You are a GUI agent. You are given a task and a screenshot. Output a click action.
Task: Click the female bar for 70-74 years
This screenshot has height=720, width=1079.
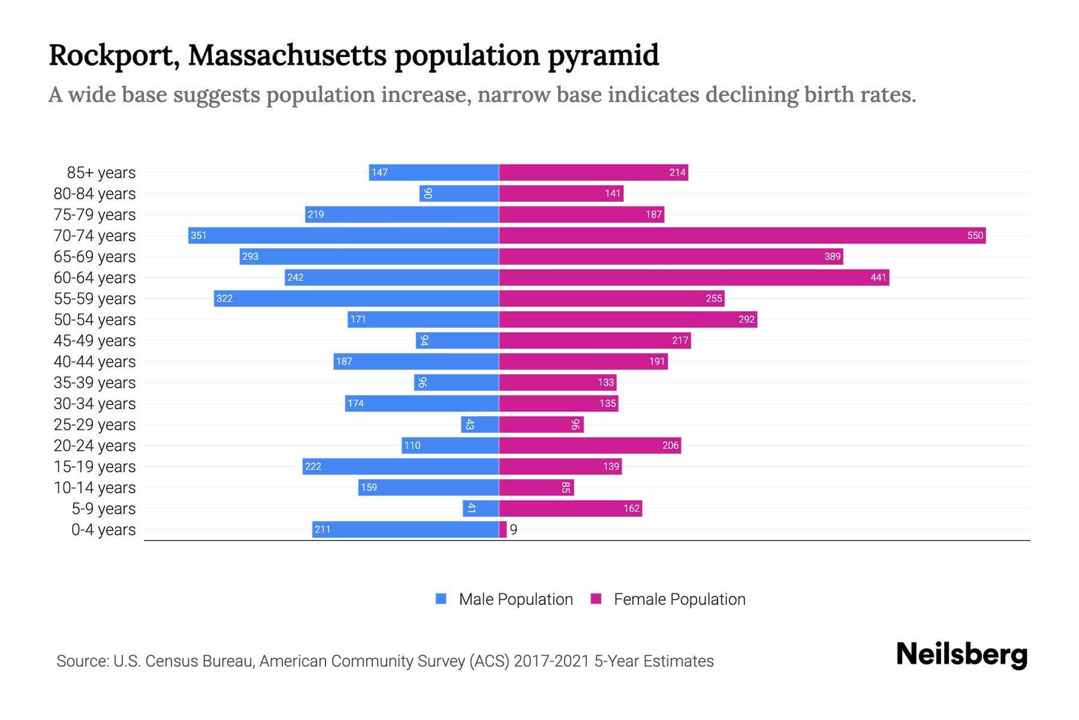point(742,235)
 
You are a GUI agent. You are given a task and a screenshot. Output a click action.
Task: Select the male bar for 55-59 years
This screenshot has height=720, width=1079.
point(356,298)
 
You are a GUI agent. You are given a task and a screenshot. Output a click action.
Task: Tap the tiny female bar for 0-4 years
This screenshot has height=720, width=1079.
point(503,529)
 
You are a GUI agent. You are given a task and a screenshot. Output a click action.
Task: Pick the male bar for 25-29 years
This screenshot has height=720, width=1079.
point(480,424)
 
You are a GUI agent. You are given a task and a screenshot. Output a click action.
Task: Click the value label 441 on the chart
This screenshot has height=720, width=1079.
point(878,277)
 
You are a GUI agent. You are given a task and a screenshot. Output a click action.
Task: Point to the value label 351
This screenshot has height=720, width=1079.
point(198,235)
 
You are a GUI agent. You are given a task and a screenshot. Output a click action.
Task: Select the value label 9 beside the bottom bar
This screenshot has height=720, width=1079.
point(514,530)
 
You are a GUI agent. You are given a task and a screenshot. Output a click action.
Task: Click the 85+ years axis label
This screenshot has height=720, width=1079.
point(101,173)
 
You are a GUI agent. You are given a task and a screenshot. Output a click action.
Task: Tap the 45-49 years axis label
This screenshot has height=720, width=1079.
point(95,341)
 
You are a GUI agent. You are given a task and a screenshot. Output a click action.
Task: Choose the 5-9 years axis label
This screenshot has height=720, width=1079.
point(104,509)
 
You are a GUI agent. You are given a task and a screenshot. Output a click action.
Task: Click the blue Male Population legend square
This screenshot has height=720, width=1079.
point(441,599)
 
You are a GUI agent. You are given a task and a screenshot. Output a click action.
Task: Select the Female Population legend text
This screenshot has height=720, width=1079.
point(679,599)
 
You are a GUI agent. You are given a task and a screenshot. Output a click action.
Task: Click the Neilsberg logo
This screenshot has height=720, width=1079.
point(962,655)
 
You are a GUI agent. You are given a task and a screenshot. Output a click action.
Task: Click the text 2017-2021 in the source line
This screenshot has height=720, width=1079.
point(551,661)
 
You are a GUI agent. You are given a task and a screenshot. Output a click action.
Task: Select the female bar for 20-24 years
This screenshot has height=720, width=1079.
point(590,445)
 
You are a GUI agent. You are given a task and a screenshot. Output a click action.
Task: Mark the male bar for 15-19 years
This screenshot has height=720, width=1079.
point(400,466)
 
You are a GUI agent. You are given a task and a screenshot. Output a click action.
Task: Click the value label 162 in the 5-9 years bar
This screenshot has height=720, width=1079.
point(631,508)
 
